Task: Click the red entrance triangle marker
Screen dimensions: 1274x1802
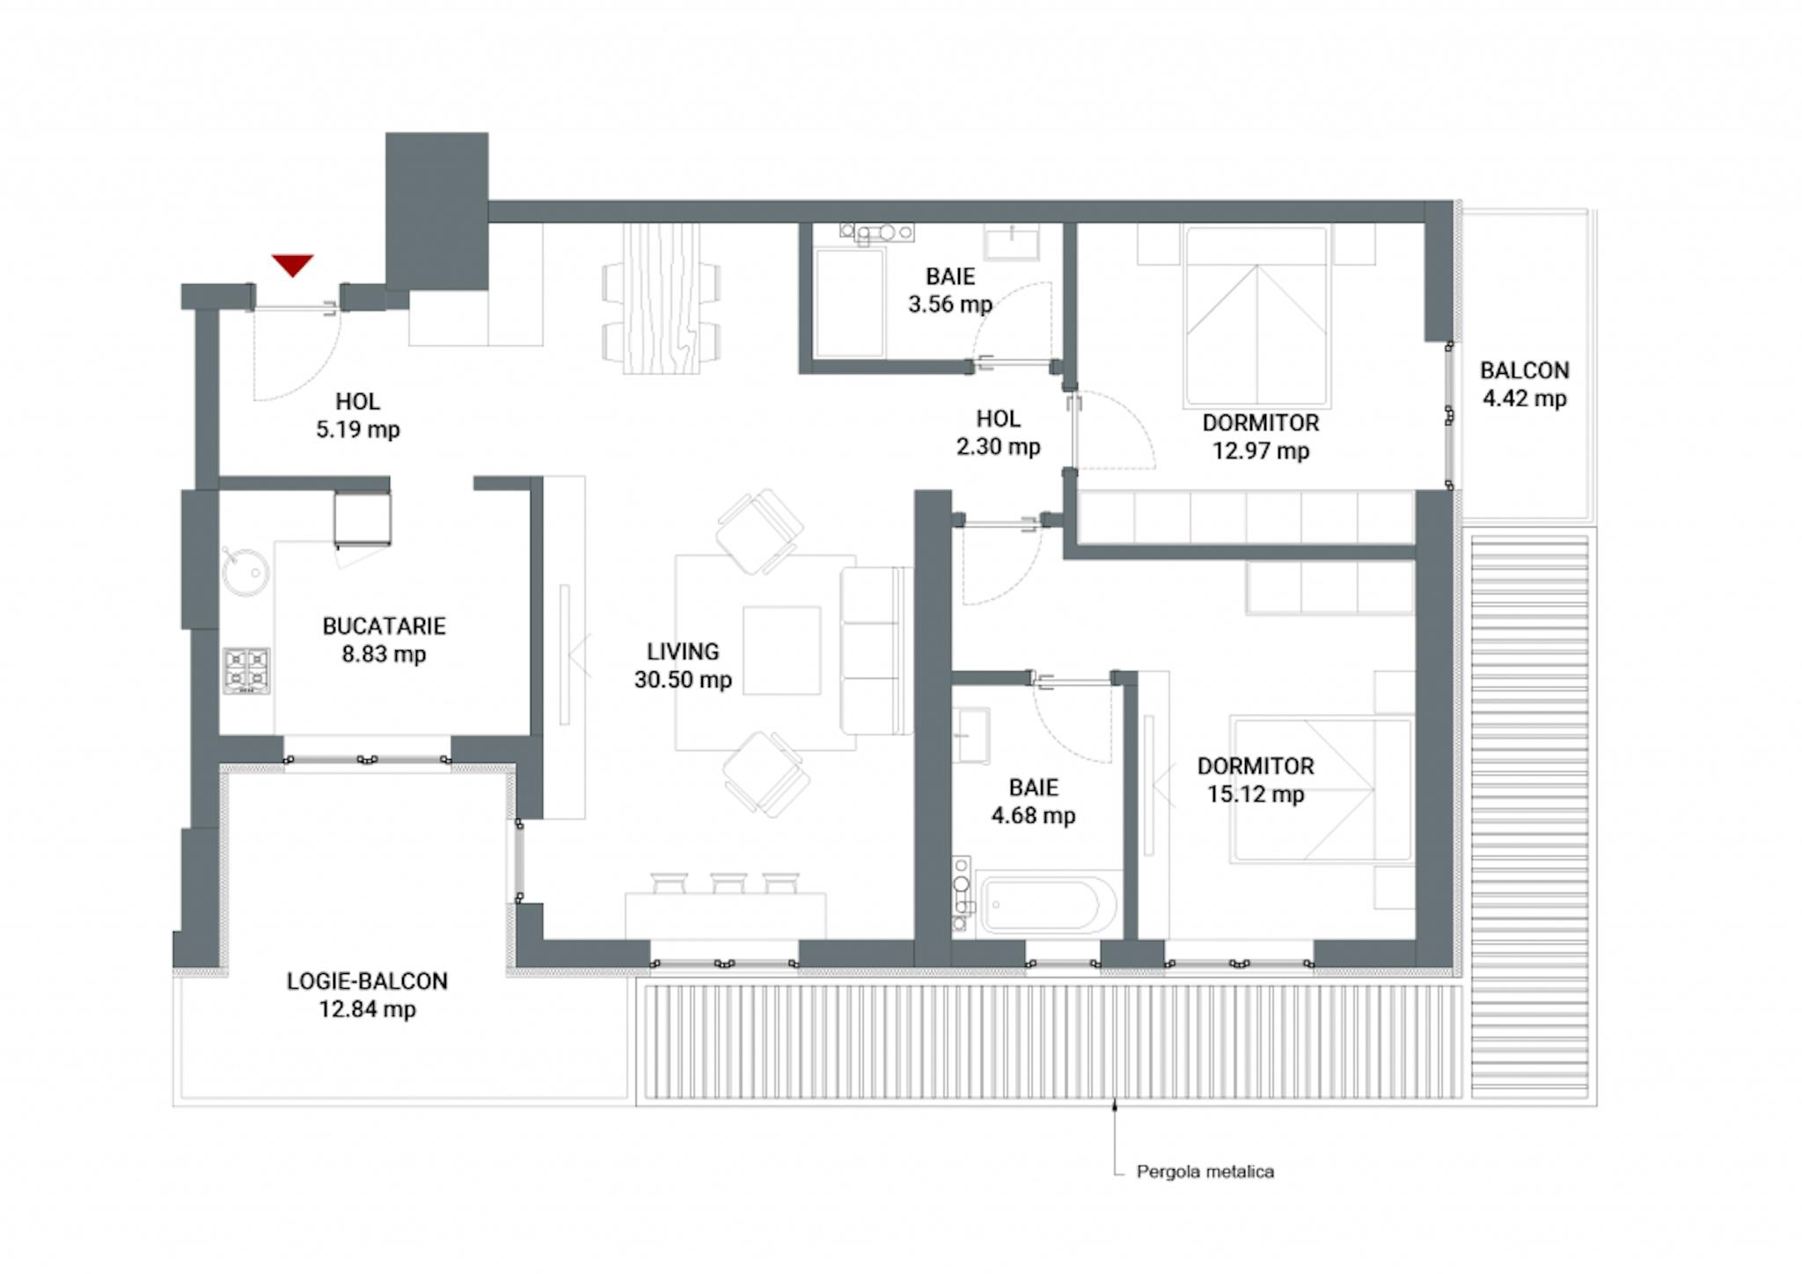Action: point(292,264)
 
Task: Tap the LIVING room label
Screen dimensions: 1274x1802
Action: point(683,652)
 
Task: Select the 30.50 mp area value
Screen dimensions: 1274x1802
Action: point(683,680)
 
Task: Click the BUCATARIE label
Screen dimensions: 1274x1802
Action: point(384,626)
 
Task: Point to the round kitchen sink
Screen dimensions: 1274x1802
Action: point(245,572)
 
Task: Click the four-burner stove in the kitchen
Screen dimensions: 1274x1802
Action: point(246,670)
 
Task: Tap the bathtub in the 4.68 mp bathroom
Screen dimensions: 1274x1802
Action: point(1047,904)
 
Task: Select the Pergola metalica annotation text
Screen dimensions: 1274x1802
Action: point(1205,1172)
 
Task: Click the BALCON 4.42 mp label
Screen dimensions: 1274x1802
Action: point(1524,384)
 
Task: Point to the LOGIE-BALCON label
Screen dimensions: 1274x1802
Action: point(367,982)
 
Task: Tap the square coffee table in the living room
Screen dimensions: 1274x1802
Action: point(781,650)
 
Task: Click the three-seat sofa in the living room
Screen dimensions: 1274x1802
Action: point(875,651)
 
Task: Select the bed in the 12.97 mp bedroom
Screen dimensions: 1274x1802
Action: point(1256,317)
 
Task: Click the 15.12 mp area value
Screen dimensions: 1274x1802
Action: point(1255,794)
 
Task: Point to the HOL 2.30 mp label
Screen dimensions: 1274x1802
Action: point(998,433)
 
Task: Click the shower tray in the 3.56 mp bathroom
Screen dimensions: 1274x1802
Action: point(849,303)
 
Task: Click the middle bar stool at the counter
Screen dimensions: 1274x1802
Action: point(729,882)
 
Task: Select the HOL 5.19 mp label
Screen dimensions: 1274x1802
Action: point(357,415)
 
